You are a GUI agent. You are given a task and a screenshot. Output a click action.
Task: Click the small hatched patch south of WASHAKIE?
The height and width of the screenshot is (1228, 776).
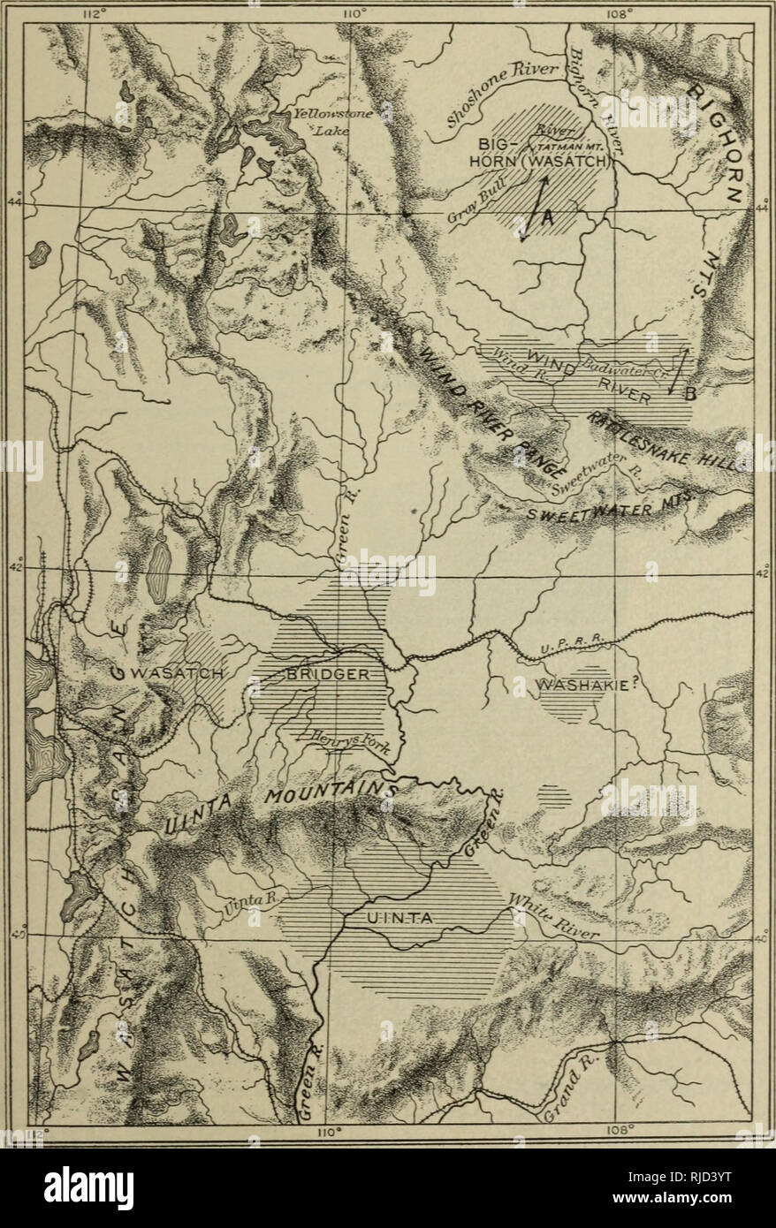[x=554, y=795]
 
